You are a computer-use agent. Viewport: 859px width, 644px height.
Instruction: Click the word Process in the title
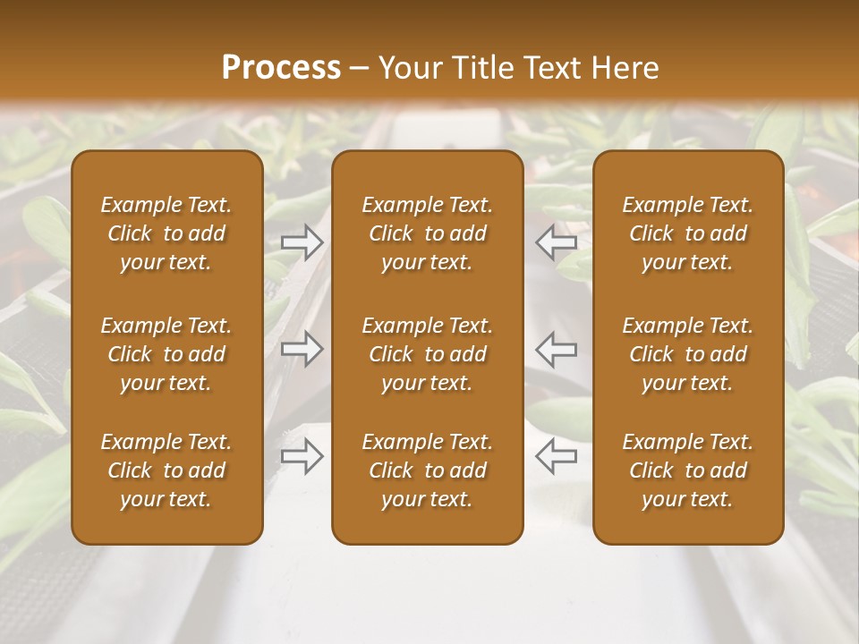pos(281,68)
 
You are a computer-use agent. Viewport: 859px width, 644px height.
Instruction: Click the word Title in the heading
pos(481,68)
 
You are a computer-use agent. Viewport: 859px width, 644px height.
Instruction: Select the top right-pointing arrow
pos(302,242)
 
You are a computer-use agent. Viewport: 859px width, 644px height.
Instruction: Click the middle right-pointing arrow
pos(302,349)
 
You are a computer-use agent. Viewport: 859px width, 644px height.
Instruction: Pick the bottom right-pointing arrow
pos(302,456)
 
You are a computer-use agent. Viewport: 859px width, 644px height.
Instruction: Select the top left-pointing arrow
pos(556,242)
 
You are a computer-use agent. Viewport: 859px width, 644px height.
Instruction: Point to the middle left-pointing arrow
pos(556,349)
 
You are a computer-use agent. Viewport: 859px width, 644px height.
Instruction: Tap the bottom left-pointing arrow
pos(556,456)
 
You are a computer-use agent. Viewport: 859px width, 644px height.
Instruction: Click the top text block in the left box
pos(166,233)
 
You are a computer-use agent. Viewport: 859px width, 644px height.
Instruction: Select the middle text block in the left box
pos(166,354)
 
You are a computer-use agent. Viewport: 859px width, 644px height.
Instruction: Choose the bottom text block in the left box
pos(166,470)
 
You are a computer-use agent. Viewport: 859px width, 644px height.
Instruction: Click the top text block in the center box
pos(428,233)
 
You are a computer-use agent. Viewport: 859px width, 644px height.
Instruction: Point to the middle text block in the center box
pos(428,354)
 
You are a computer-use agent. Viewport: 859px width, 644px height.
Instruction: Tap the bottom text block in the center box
pos(428,470)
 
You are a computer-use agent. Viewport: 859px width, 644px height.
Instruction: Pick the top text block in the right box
pos(688,233)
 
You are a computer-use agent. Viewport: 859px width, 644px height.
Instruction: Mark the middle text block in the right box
pos(688,354)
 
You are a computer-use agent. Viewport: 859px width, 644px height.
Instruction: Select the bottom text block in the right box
pos(688,470)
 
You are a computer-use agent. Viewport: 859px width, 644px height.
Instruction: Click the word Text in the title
pos(552,68)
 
